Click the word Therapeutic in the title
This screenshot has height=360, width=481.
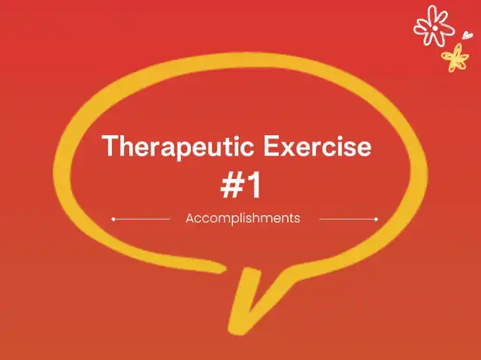(x=178, y=147)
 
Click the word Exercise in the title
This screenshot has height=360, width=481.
(x=317, y=147)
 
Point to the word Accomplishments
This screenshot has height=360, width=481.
(x=243, y=219)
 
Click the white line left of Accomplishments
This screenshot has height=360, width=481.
(x=141, y=219)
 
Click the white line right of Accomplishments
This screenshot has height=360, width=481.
(x=349, y=219)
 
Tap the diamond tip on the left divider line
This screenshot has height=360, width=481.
(x=113, y=219)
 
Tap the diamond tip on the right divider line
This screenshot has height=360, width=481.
(x=377, y=219)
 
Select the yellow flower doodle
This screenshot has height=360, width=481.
(x=455, y=57)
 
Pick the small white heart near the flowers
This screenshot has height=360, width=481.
(x=467, y=35)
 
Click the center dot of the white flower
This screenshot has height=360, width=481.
(x=434, y=29)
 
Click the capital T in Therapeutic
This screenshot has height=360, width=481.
(x=110, y=146)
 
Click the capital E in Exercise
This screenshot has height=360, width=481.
(x=271, y=146)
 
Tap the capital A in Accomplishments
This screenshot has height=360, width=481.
(x=190, y=219)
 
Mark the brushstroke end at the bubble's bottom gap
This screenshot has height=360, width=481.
(x=222, y=269)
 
